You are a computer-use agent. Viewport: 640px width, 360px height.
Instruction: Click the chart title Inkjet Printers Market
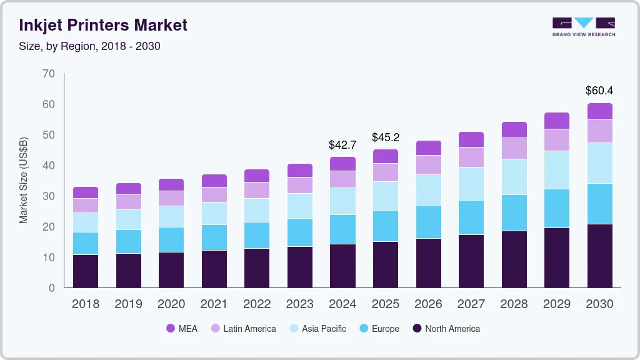(x=103, y=26)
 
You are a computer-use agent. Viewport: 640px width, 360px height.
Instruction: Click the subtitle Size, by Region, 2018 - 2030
(x=89, y=46)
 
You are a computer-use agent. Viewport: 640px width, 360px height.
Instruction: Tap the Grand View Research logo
(x=583, y=27)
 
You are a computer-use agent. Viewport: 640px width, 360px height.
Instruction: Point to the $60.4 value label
(x=599, y=91)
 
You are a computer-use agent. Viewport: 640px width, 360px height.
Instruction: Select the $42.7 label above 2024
(x=342, y=145)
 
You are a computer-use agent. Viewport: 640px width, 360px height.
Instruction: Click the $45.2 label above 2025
(x=385, y=137)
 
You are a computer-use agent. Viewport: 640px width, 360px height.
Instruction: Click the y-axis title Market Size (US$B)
(x=24, y=181)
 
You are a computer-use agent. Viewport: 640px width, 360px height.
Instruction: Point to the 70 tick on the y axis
(x=49, y=74)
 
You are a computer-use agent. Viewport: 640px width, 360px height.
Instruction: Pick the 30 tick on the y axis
(x=49, y=196)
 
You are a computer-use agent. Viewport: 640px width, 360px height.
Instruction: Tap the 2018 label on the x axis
(x=85, y=304)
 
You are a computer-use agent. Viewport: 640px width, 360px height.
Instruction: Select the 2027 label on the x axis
(x=471, y=304)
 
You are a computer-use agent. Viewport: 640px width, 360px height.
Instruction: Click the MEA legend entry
(x=182, y=329)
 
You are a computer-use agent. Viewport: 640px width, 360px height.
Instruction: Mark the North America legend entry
(x=446, y=329)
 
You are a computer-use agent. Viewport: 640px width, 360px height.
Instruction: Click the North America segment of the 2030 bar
(x=599, y=256)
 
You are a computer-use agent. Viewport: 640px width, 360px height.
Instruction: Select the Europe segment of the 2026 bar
(x=428, y=222)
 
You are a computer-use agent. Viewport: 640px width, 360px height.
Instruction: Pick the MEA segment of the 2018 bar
(x=85, y=192)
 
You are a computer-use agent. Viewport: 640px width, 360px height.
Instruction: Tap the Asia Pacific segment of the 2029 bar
(x=556, y=170)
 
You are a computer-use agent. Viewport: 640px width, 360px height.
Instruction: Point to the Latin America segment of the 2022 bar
(x=257, y=190)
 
